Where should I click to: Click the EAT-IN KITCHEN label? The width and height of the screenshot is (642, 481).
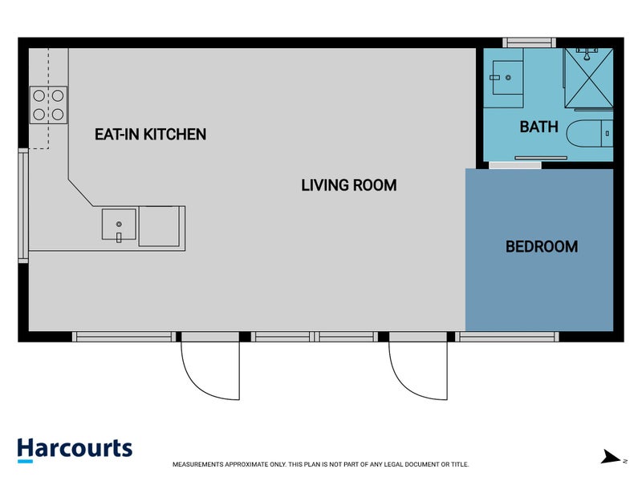150,134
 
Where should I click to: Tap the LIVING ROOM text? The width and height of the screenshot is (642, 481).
349,185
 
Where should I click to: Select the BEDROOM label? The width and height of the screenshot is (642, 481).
542,247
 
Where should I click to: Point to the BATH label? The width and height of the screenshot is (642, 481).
538,127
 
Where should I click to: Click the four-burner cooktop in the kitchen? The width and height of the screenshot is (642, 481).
48,105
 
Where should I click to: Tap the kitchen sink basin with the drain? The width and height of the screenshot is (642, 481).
119,224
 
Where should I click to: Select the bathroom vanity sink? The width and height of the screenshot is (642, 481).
508,78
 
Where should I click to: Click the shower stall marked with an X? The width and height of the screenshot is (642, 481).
588,78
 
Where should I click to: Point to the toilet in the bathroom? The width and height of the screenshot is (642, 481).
590,133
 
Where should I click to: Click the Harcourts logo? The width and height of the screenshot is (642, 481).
75,450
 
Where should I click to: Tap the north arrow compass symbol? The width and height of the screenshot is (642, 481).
612,457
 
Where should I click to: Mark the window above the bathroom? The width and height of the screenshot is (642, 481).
529,42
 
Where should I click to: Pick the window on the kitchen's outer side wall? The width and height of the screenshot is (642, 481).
23,206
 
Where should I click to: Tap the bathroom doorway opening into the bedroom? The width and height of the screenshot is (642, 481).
515,165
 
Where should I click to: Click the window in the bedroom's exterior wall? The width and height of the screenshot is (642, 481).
507,337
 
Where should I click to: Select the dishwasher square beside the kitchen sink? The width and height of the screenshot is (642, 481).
160,226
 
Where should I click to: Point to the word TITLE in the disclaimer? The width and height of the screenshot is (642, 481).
459,464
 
